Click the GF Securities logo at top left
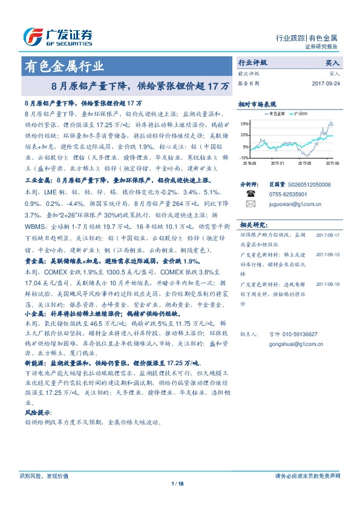coord(57,37)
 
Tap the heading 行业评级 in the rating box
coord(252,62)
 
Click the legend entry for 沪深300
coord(300,113)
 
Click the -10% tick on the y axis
coord(244,157)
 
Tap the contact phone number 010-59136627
coord(294,334)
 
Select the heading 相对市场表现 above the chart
coord(257,104)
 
